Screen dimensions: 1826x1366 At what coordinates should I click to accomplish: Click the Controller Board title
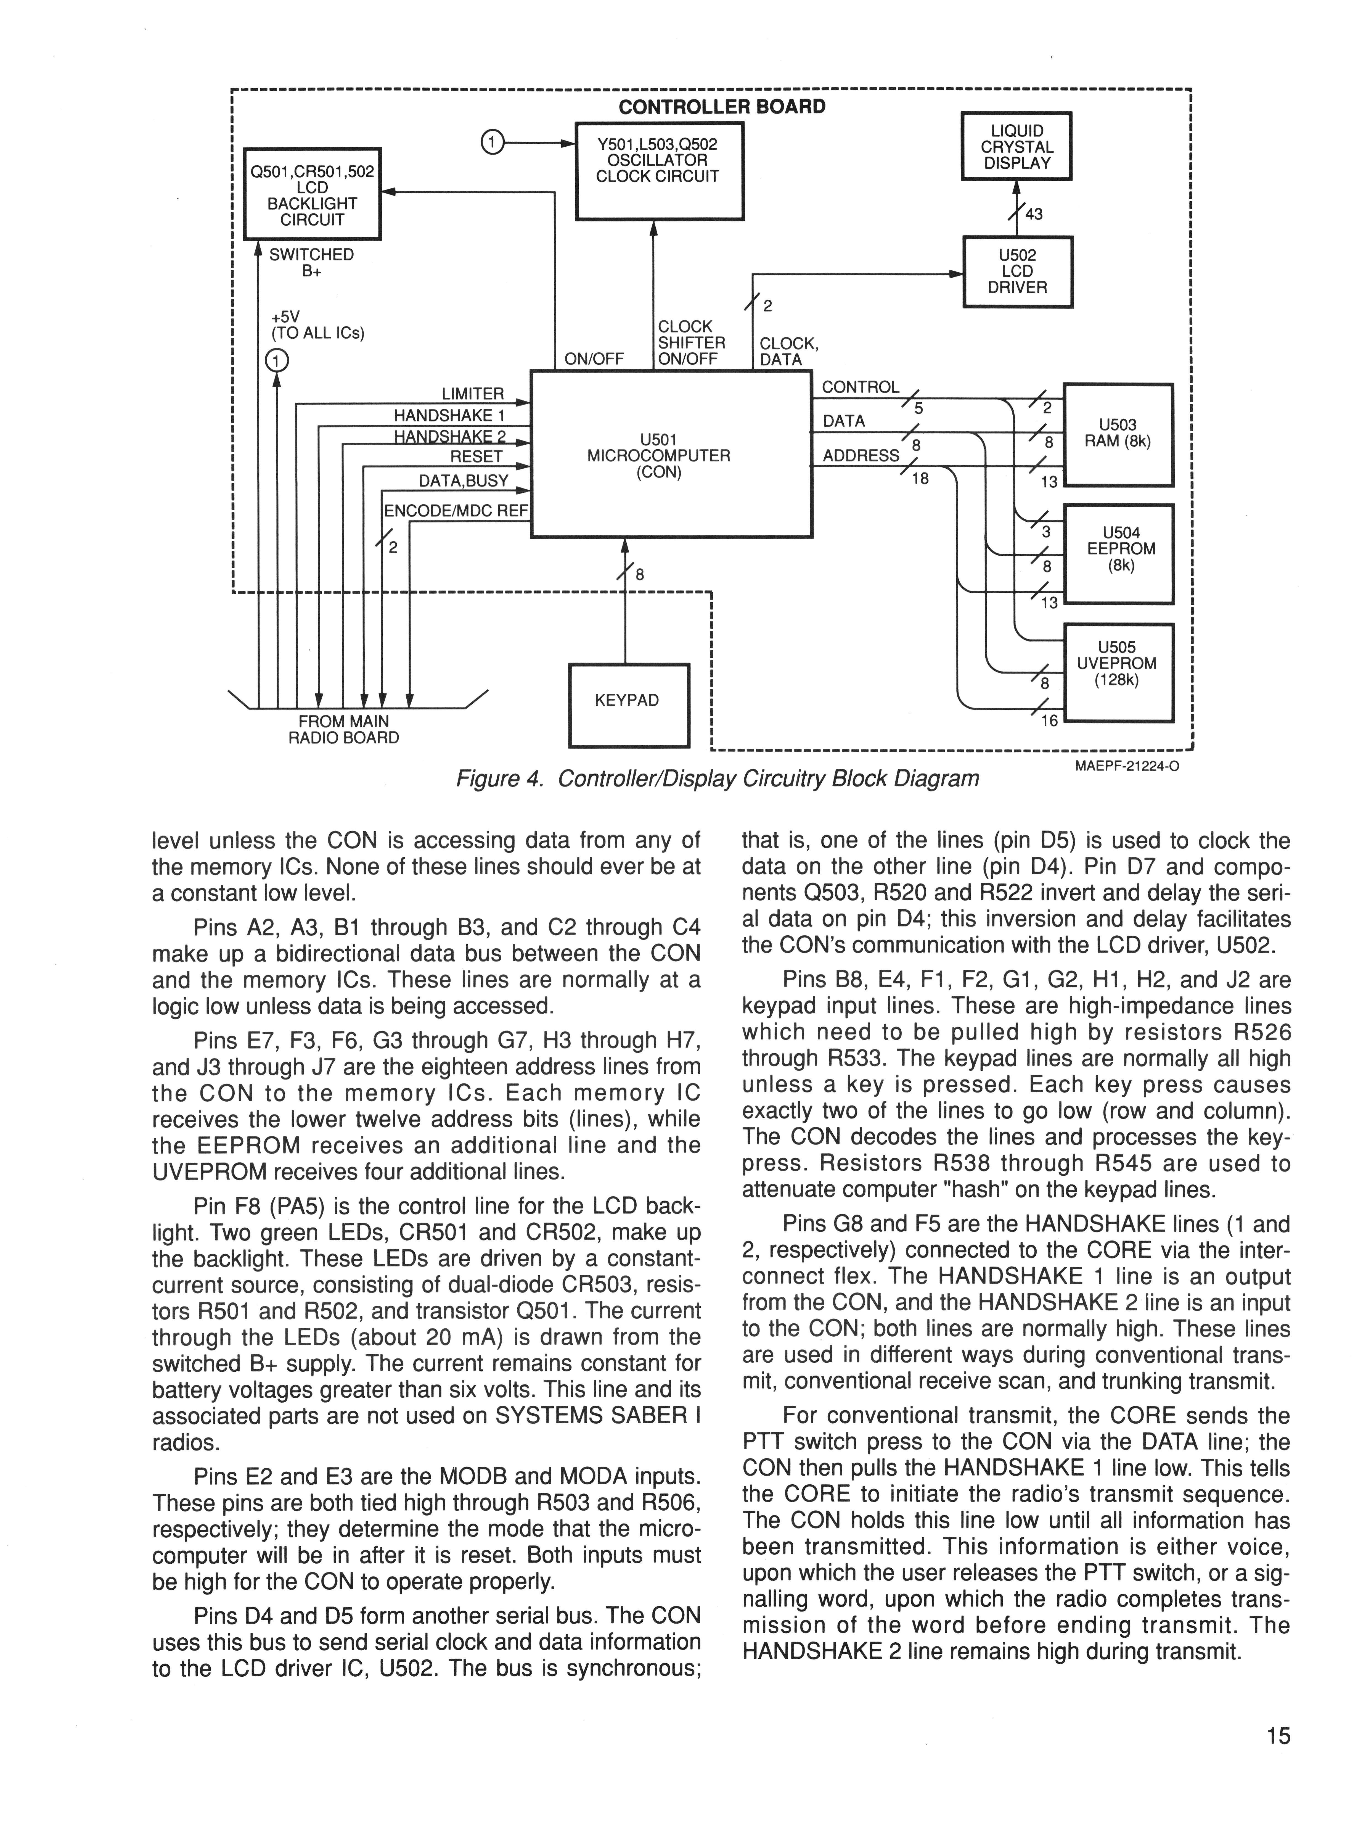coord(721,107)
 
